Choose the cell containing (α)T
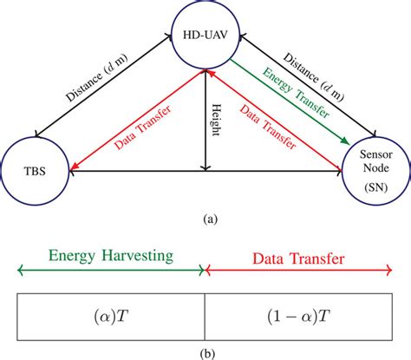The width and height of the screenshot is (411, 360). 112,317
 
